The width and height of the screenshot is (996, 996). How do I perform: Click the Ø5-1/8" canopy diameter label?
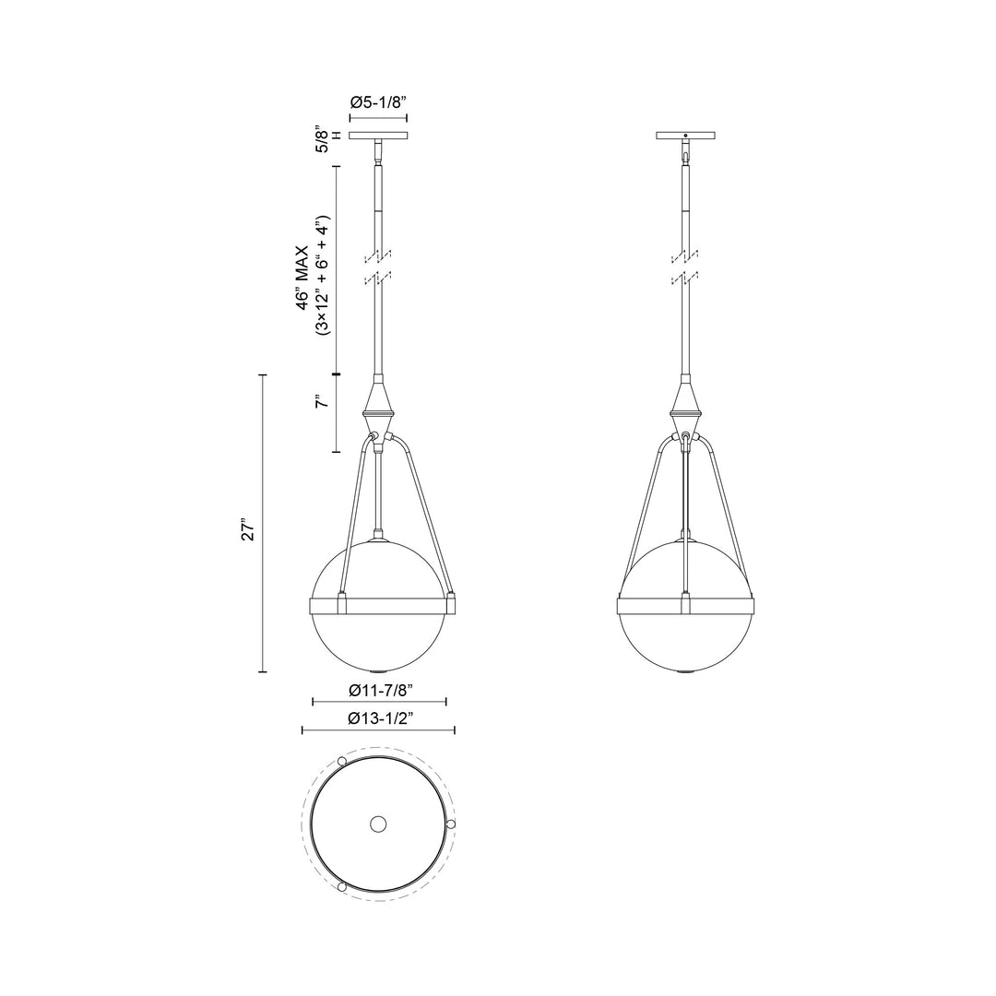coord(379,103)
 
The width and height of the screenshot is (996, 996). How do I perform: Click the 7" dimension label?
coord(320,403)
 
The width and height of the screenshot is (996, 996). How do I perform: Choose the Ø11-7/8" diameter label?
coord(380,689)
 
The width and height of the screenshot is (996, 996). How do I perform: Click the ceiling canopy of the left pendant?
coord(379,136)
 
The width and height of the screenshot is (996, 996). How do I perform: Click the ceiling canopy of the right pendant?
coord(685,136)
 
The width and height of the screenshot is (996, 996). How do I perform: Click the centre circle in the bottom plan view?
coord(378,824)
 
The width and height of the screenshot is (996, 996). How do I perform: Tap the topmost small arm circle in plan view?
coord(343,761)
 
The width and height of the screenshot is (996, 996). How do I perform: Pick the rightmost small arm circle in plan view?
coord(450,823)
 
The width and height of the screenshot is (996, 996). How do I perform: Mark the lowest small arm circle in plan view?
coord(343,886)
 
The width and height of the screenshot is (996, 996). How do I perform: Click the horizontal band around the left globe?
coord(379,605)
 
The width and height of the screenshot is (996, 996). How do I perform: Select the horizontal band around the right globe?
coord(685,605)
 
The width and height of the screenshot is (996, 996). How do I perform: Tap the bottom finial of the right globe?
coord(685,671)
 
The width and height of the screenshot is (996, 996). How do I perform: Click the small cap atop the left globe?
coord(379,537)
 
